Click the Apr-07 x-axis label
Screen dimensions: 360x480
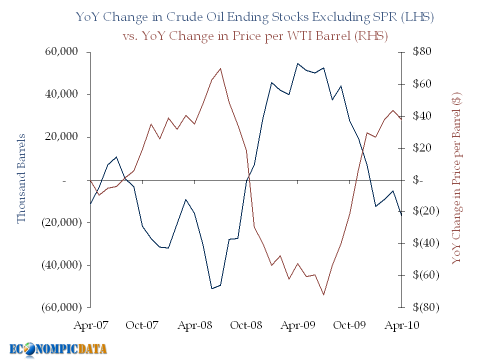click(90, 325)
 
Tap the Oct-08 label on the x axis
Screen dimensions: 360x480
click(245, 325)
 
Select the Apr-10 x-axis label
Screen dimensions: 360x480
click(401, 325)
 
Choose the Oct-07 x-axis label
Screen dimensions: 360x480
click(142, 325)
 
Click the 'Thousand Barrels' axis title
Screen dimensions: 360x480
click(21, 178)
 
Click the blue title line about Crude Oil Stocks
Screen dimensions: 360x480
click(254, 17)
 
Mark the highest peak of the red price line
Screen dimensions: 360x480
click(220, 68)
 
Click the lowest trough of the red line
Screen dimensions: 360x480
click(324, 294)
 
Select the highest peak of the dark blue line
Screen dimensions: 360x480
click(297, 63)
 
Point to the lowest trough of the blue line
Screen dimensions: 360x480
click(211, 288)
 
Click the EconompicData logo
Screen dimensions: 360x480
click(58, 349)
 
